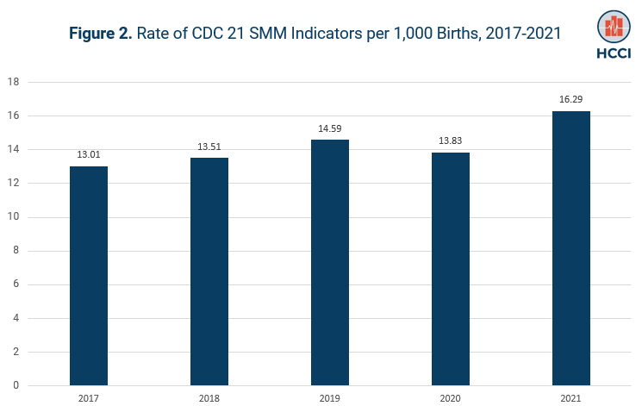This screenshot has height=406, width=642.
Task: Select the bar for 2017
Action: click(x=89, y=276)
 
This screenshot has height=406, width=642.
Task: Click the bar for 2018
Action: click(x=209, y=272)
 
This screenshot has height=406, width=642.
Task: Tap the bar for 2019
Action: click(x=330, y=263)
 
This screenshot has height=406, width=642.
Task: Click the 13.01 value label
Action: click(x=89, y=154)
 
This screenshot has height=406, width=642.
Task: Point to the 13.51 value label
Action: click(x=209, y=147)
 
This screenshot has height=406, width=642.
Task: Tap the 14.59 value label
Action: click(x=330, y=128)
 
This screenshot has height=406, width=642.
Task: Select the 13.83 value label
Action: click(x=451, y=141)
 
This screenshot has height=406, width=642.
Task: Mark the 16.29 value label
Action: click(x=570, y=99)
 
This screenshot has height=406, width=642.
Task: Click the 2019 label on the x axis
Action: click(x=330, y=397)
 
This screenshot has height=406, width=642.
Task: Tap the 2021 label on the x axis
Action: click(x=570, y=397)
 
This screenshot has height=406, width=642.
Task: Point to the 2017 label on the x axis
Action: click(x=89, y=397)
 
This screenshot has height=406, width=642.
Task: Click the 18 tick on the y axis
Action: click(x=13, y=83)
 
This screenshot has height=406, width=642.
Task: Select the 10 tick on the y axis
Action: click(x=13, y=217)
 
